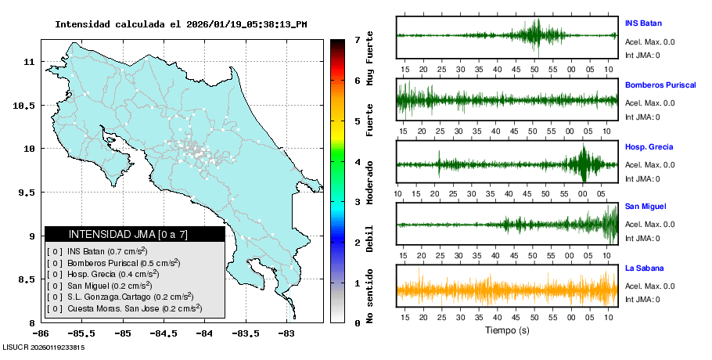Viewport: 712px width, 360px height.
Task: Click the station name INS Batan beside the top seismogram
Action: click(643, 23)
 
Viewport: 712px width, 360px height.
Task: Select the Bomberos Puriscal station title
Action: click(660, 85)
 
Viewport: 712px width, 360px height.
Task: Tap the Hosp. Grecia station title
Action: click(649, 146)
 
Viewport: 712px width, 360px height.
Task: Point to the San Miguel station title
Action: click(645, 206)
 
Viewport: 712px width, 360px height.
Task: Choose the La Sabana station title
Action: click(644, 268)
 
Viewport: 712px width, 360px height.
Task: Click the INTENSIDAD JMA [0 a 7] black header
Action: click(135, 234)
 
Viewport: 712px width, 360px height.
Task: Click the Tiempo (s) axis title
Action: click(507, 330)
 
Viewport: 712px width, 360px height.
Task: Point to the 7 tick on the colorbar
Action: click(357, 39)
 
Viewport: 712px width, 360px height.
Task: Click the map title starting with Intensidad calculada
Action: click(181, 24)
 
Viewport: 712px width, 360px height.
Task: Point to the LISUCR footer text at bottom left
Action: click(43, 347)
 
